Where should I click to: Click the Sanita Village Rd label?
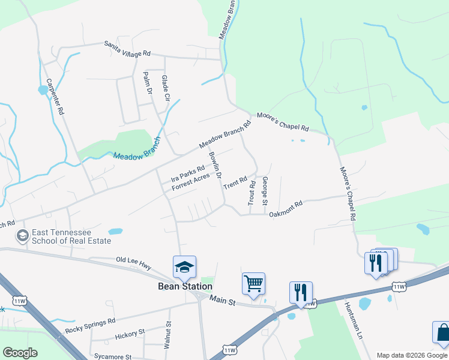pyautogui.click(x=127, y=49)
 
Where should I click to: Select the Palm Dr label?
pyautogui.click(x=146, y=82)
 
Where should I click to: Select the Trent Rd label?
pyautogui.click(x=235, y=183)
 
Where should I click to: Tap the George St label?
pyautogui.click(x=265, y=191)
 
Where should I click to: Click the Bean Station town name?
pyautogui.click(x=185, y=286)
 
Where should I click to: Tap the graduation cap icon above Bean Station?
pyautogui.click(x=185, y=267)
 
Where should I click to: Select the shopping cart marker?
pyautogui.click(x=253, y=283)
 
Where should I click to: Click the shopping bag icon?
pyautogui.click(x=441, y=332)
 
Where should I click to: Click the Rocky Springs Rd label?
pyautogui.click(x=89, y=325)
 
